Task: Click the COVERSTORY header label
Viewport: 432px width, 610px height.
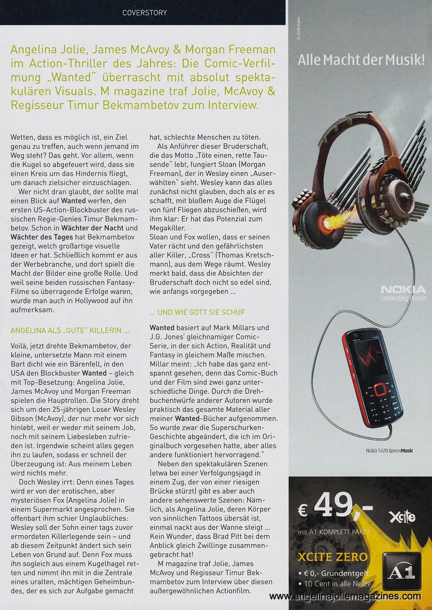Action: (144, 12)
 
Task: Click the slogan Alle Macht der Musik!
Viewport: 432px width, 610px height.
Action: (361, 60)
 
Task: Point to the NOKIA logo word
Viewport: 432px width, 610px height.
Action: (404, 290)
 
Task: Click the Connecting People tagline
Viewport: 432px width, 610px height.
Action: (404, 298)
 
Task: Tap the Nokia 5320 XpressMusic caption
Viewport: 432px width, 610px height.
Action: (389, 450)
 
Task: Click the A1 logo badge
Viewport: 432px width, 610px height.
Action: (402, 571)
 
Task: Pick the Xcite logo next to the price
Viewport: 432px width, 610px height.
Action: (402, 517)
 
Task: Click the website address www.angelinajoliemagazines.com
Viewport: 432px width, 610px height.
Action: (345, 596)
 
